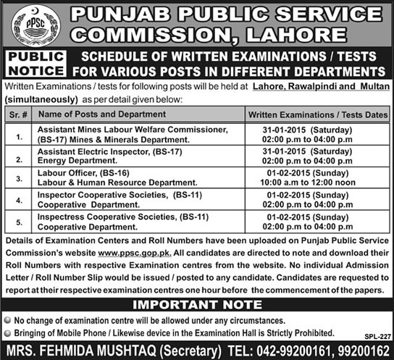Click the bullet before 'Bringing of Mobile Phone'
[x=8, y=332]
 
